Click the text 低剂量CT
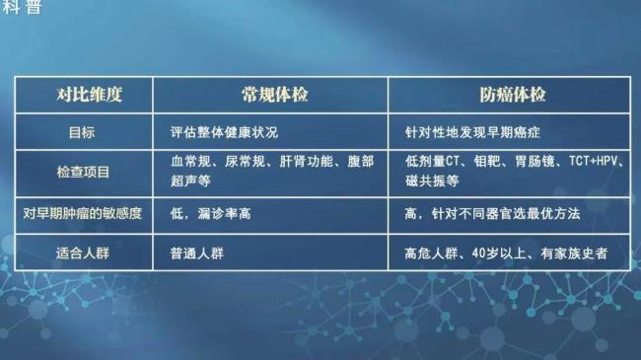pos(434,161)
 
